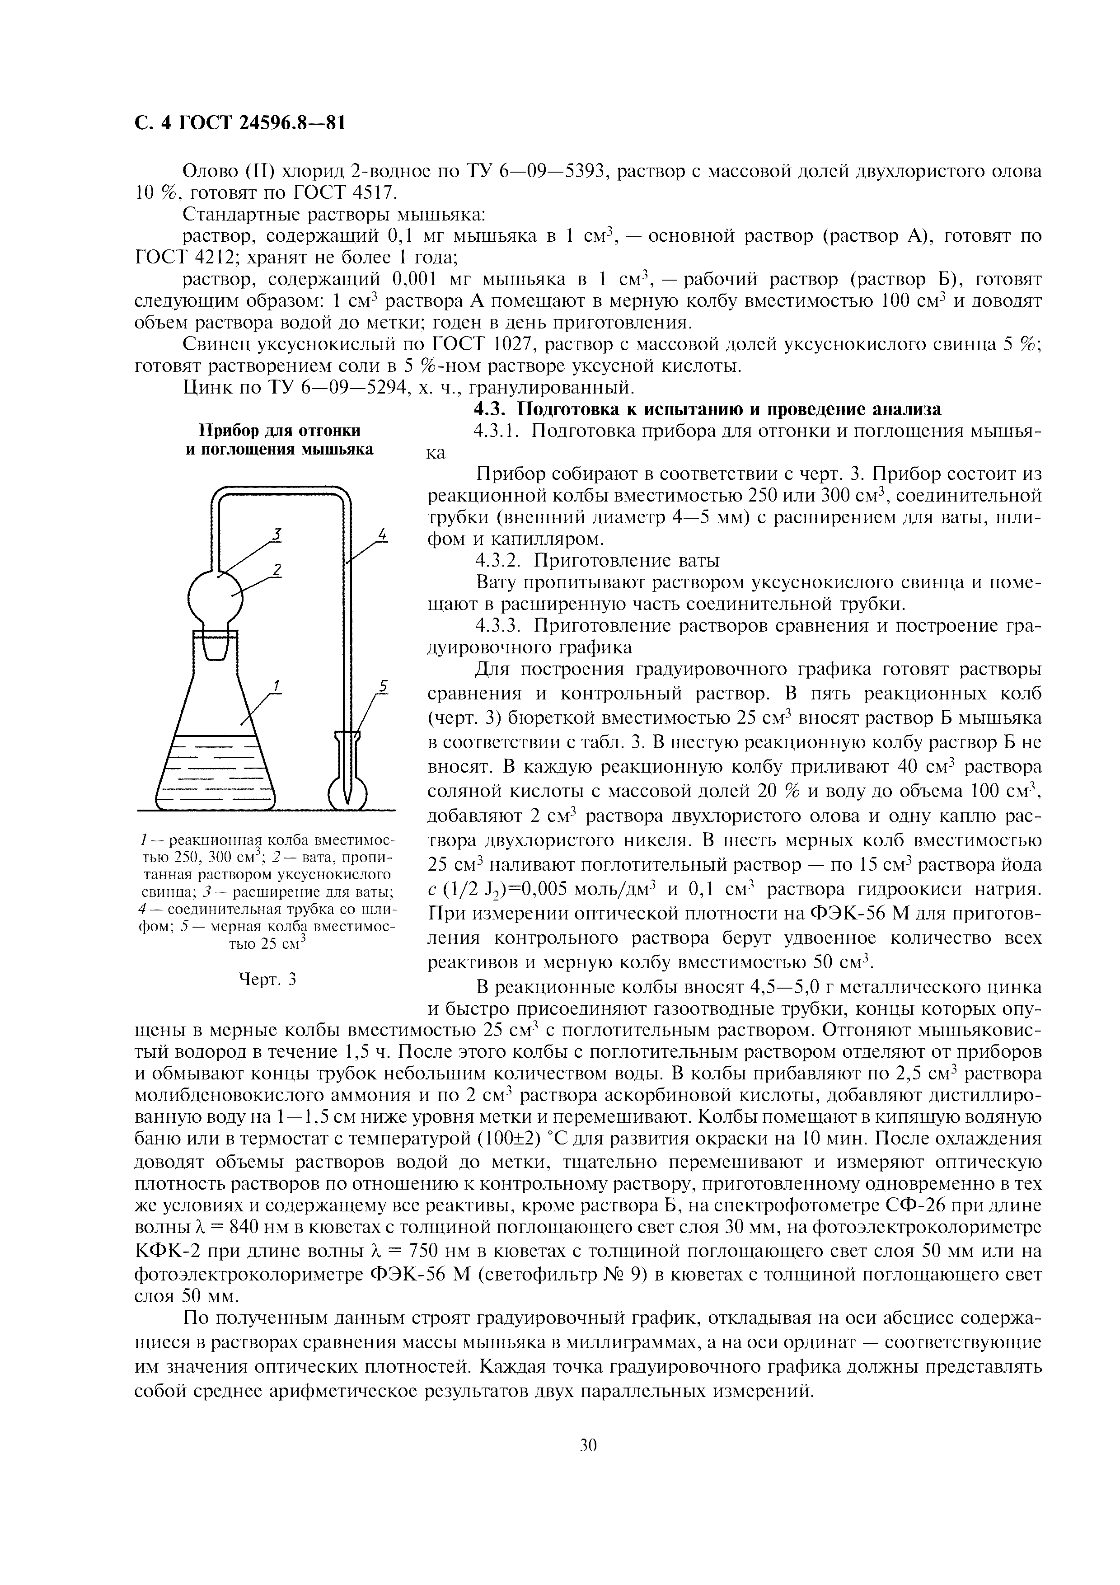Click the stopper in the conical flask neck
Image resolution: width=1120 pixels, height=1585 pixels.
(216, 646)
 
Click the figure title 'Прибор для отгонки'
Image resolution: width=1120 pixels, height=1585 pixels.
(280, 431)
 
